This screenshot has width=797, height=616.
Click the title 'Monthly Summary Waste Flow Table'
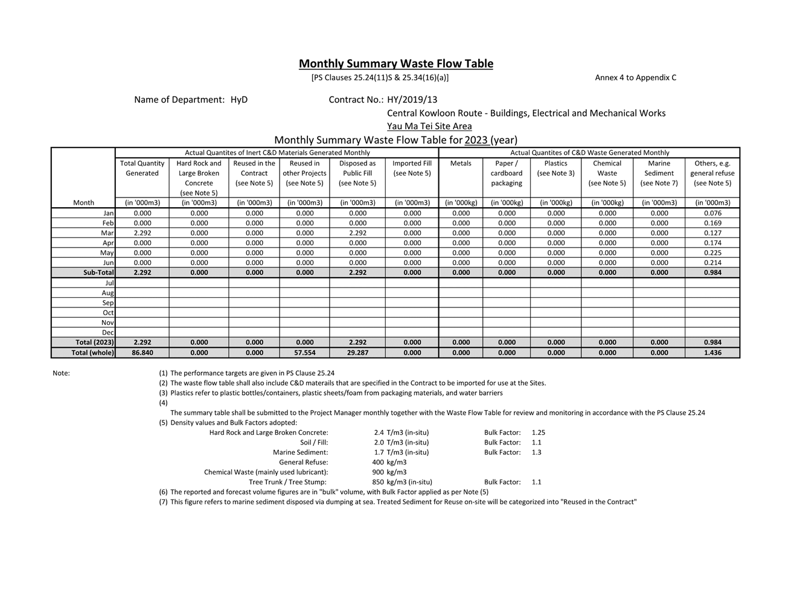coord(395,63)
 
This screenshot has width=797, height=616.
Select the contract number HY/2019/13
coord(412,100)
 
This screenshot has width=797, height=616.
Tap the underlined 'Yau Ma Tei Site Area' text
coord(429,126)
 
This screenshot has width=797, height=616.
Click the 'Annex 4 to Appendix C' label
coord(635,77)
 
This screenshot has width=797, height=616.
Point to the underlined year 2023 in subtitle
coord(476,140)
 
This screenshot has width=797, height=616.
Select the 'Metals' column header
coord(461,164)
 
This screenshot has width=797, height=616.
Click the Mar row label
coord(107,233)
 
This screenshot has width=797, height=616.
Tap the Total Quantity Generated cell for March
coord(142,233)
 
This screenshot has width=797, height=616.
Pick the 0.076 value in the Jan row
coord(712,213)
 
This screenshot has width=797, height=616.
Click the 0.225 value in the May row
coord(712,253)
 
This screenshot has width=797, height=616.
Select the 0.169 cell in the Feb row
coord(712,223)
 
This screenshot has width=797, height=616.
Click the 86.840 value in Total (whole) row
coord(142,353)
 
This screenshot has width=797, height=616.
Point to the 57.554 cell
coord(305,353)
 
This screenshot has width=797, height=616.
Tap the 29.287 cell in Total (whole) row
coord(357,353)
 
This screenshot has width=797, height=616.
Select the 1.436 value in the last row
coord(712,353)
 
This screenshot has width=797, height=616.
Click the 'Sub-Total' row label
coord(98,273)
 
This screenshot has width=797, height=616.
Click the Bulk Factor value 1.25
coord(539,432)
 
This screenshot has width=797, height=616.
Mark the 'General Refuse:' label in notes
coord(303,463)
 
